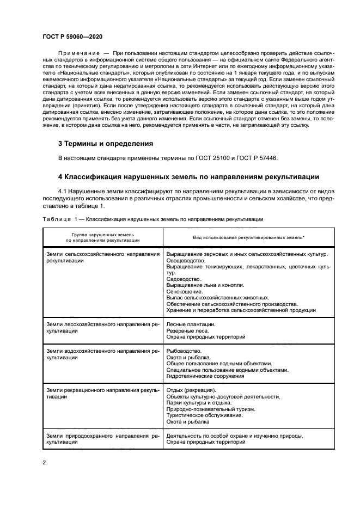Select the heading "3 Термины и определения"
tap(106, 144)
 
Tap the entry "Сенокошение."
tap(184, 291)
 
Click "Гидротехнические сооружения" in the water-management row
tap(205, 376)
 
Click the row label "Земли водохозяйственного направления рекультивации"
tap(103, 354)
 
